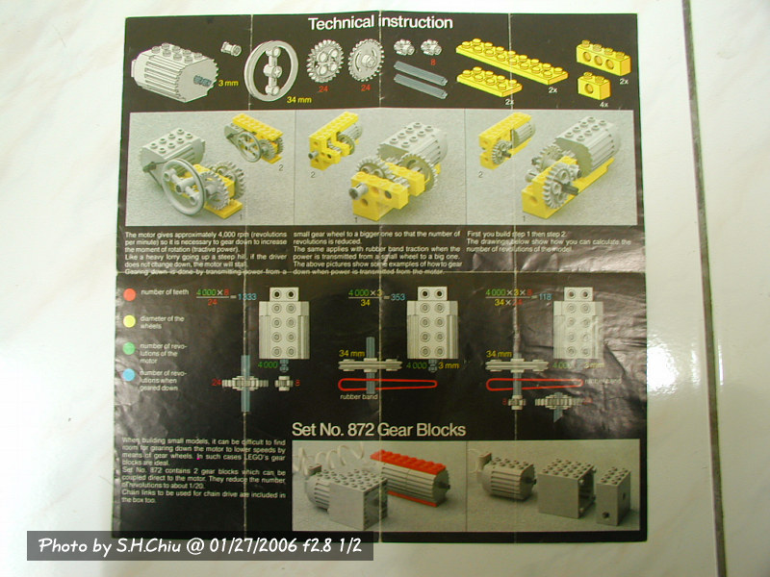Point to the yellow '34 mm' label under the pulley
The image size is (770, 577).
(272, 99)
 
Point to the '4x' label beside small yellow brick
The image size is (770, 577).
(603, 103)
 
